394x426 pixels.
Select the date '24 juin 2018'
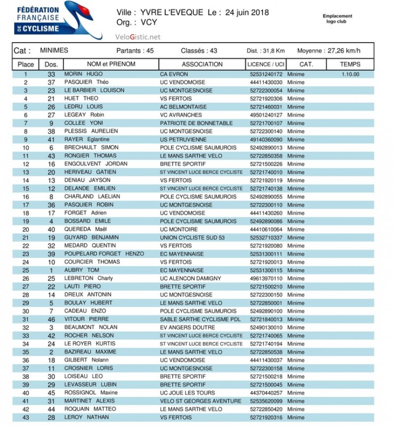click(x=247, y=12)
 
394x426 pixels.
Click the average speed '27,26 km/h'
click(x=342, y=51)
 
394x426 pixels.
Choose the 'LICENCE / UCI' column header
click(x=266, y=64)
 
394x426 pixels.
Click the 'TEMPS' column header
click(x=350, y=64)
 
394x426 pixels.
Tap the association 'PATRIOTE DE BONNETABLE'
click(x=196, y=124)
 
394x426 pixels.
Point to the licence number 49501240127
click(x=266, y=115)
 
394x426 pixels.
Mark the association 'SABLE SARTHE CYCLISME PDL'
click(x=199, y=319)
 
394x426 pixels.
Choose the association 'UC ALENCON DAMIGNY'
click(x=190, y=278)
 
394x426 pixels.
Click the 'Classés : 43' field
click(x=199, y=51)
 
